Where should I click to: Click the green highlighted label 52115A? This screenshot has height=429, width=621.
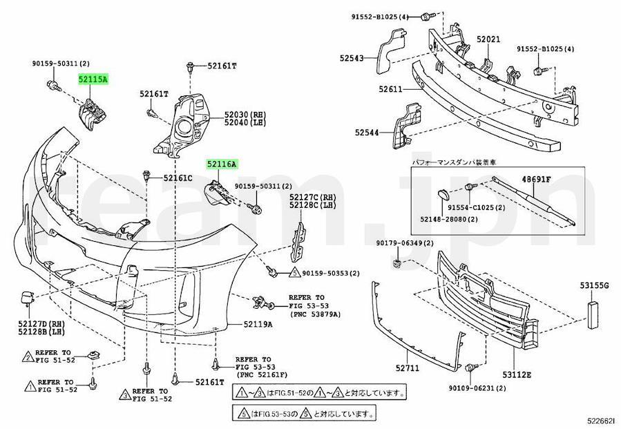click(93, 80)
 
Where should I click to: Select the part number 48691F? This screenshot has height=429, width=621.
click(536, 180)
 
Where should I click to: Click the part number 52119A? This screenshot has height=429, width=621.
click(258, 324)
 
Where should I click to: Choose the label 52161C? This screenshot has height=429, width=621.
click(178, 178)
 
